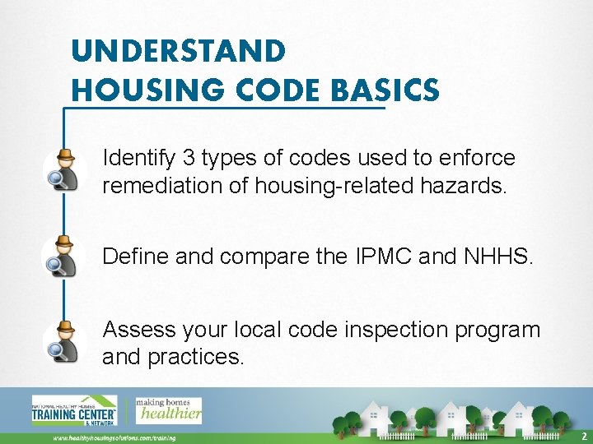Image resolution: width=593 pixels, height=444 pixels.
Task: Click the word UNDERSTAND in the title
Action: tap(179, 51)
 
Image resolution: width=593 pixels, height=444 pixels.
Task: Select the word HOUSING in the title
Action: tap(138, 90)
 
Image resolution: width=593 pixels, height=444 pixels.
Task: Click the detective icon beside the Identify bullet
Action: tap(64, 170)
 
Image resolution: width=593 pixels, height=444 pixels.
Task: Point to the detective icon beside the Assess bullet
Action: tap(64, 341)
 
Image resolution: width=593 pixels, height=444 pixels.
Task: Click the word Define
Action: tap(136, 257)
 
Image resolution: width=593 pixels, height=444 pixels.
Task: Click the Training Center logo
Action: tap(73, 410)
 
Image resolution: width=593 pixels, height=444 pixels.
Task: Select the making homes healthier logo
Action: tap(168, 409)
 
